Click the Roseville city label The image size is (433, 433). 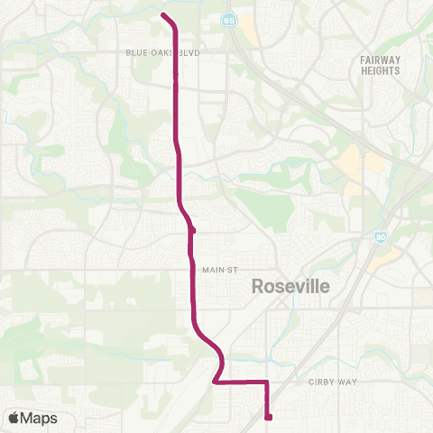291,287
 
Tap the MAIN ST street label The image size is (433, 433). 218,269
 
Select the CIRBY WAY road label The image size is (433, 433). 333,382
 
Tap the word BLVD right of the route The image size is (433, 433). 189,53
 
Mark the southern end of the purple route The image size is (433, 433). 269,417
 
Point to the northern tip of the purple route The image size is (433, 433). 162,14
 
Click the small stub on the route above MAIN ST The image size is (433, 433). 193,230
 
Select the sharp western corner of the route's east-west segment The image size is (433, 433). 214,382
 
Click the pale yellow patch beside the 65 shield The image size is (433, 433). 247,32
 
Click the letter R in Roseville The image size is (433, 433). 257,287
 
